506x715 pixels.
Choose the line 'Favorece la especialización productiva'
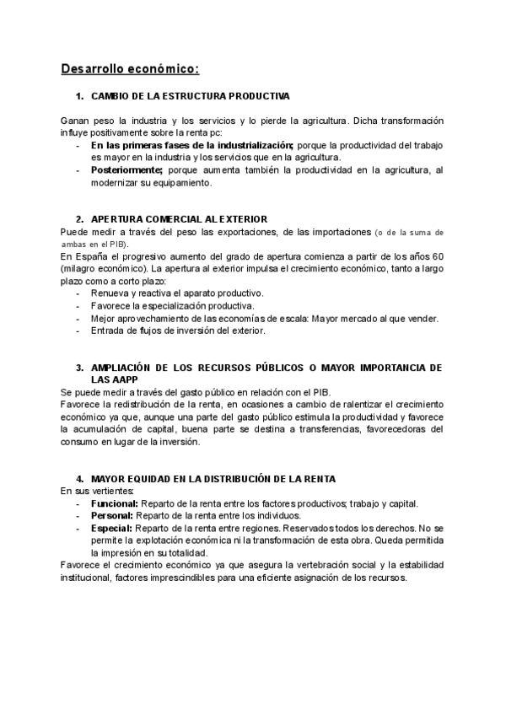(x=172, y=305)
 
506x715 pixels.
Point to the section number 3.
(x=79, y=368)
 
